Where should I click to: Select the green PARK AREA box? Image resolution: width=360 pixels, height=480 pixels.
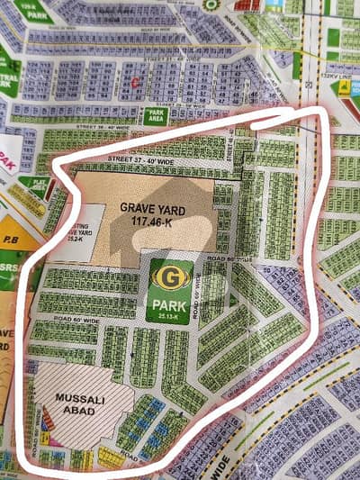click(x=154, y=116)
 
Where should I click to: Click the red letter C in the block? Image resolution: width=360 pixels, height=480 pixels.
click(x=134, y=82)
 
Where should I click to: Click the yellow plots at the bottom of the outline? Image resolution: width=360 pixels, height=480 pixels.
click(x=110, y=459)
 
